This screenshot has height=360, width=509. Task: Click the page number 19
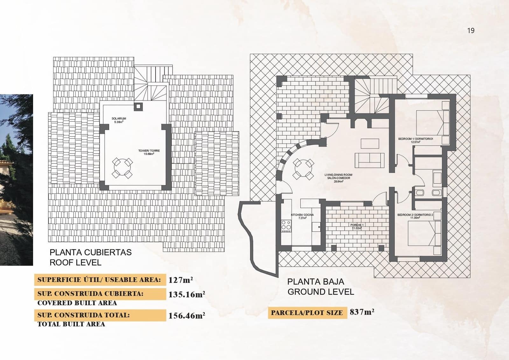click(x=471, y=31)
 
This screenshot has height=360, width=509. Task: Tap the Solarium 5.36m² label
click(x=119, y=120)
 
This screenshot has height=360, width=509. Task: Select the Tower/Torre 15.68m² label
click(x=149, y=152)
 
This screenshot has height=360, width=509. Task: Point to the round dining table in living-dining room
click(x=303, y=169)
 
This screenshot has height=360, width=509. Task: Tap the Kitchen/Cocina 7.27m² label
click(x=302, y=217)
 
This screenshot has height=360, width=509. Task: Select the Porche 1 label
click(x=357, y=226)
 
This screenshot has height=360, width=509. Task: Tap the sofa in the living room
click(x=370, y=160)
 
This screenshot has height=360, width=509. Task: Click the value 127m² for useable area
click(x=180, y=280)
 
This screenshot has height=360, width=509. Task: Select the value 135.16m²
click(x=186, y=294)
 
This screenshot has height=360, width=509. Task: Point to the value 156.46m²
click(x=186, y=316)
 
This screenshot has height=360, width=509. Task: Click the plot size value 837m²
click(x=362, y=312)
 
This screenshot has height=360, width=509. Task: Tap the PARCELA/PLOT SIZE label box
click(x=307, y=313)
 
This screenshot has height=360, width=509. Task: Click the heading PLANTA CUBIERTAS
click(x=91, y=253)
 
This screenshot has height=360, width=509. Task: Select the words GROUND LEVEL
click(x=321, y=292)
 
